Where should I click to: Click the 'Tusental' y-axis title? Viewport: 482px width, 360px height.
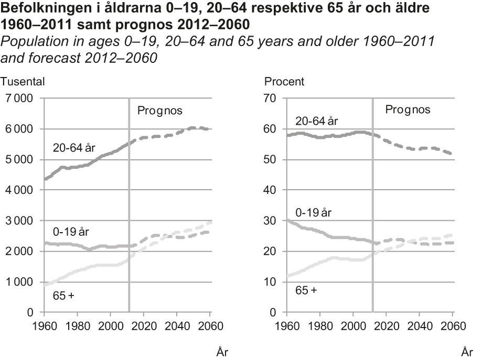click(x=23, y=81)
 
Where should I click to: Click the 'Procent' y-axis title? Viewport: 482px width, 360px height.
click(x=284, y=81)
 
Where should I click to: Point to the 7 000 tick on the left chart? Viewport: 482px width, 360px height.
click(x=19, y=99)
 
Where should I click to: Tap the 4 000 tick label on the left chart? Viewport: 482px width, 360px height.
click(x=19, y=190)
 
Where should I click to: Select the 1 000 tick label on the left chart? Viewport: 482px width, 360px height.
click(x=19, y=282)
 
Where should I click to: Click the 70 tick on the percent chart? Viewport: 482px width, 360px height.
click(x=271, y=99)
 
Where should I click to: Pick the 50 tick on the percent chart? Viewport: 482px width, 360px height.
click(x=271, y=160)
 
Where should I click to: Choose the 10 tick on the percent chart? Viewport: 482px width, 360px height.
click(x=271, y=282)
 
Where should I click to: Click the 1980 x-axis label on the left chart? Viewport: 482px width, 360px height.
click(x=77, y=325)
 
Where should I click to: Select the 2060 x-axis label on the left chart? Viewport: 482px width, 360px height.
click(x=209, y=325)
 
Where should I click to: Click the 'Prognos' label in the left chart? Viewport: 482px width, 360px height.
click(x=159, y=111)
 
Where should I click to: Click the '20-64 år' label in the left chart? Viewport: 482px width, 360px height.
click(x=74, y=149)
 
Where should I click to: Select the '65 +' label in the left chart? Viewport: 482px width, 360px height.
click(x=64, y=296)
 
